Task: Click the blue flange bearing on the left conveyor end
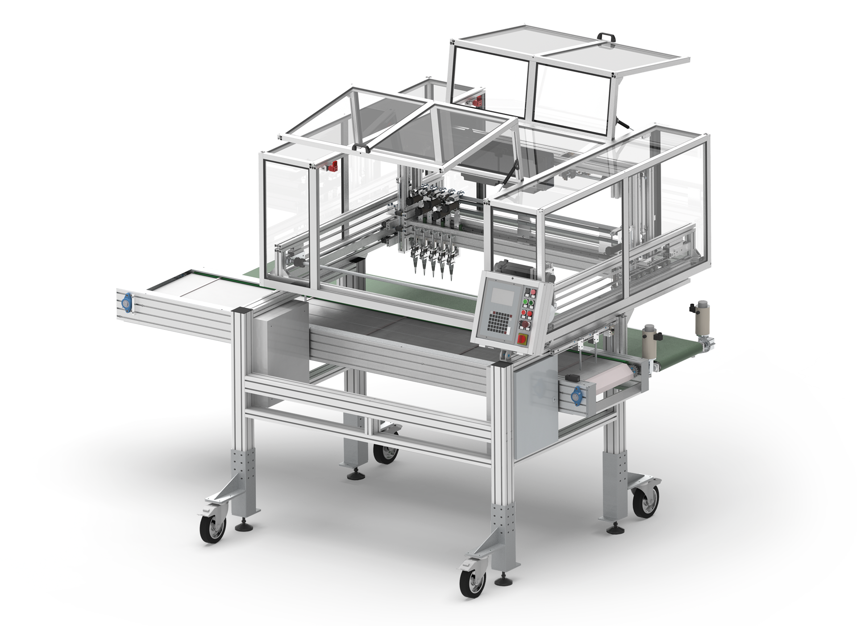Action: coord(127,303)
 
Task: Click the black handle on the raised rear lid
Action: coord(605,36)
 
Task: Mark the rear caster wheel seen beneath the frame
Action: coord(384,452)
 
